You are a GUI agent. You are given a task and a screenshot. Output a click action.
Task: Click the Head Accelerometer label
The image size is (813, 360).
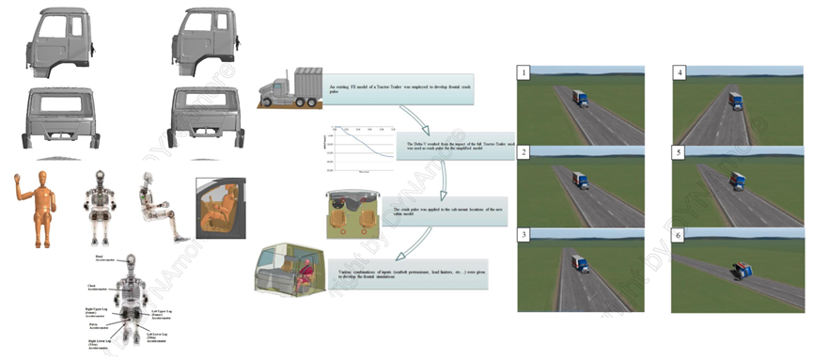[x=93, y=257]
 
